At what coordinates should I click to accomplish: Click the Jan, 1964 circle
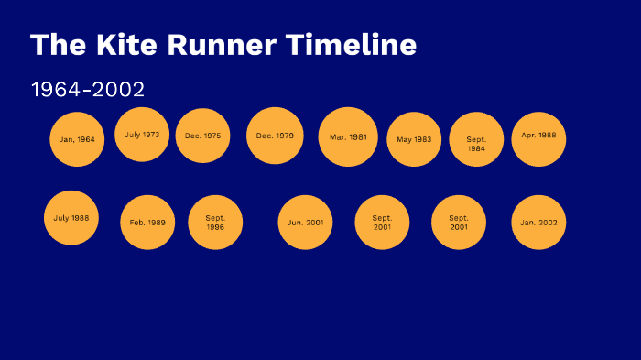pos(77,139)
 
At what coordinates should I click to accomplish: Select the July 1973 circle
pos(142,135)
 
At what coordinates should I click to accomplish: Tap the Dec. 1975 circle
pos(202,136)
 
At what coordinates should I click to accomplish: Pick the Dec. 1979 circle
pos(275,136)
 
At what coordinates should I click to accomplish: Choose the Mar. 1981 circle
pos(348,136)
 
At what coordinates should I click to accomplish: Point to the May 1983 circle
pos(414,139)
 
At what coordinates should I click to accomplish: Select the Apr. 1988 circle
pos(538,136)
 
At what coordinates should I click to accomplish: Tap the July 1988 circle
pos(71,218)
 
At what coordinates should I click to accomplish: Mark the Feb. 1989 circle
pos(147,223)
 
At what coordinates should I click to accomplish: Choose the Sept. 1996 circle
pos(215,223)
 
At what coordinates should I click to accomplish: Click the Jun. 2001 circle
pos(305,223)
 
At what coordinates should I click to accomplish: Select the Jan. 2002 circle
pos(538,223)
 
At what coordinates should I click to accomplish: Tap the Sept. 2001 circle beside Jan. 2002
pos(459,223)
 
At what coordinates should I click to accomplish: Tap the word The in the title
pos(51,44)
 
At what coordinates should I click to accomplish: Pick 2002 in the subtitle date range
pos(121,90)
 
